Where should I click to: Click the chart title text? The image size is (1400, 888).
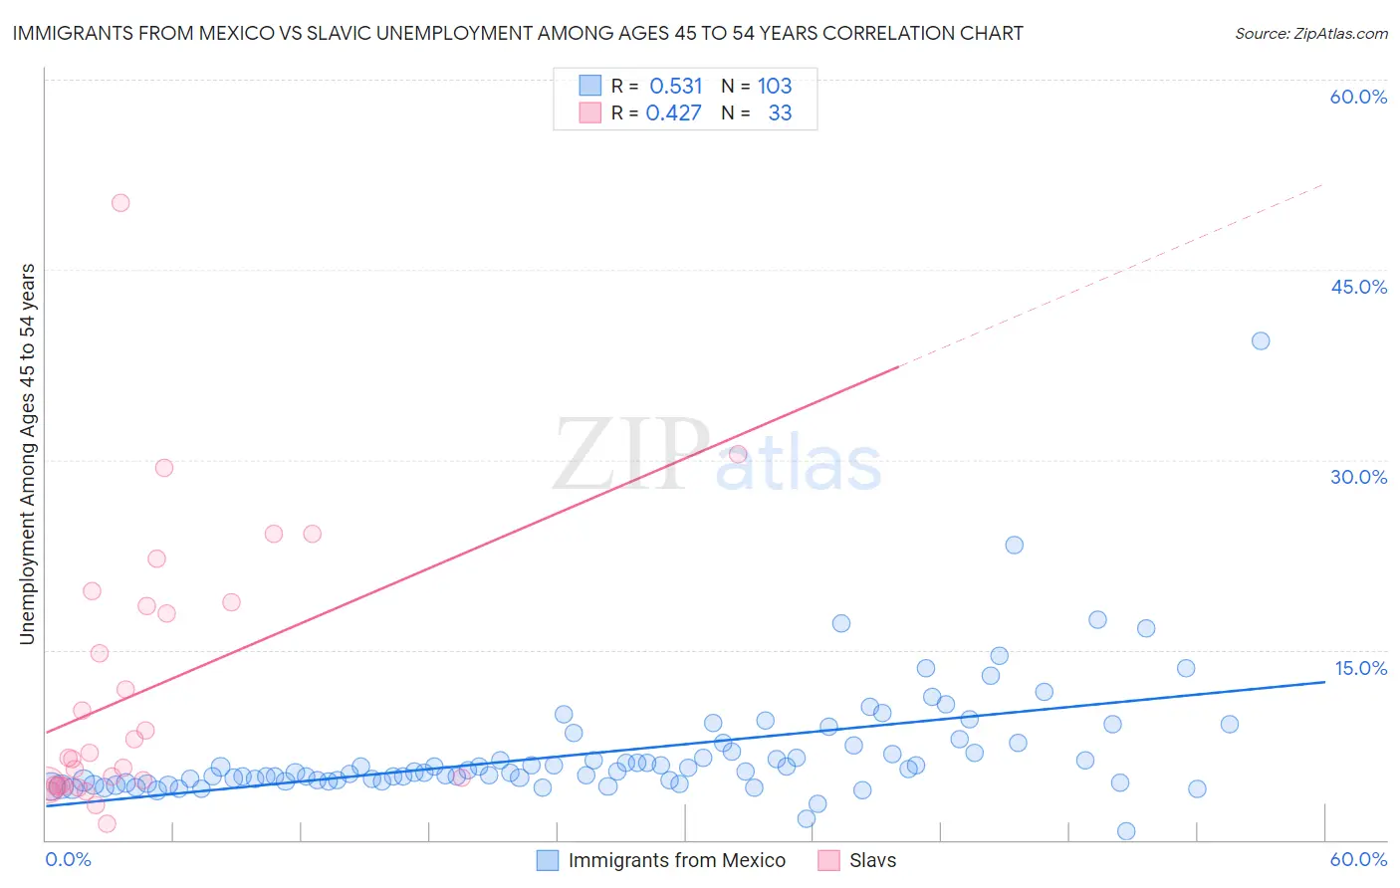click(x=518, y=33)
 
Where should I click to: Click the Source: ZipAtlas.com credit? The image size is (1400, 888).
click(x=1310, y=33)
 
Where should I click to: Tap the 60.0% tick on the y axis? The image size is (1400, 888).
click(x=1358, y=97)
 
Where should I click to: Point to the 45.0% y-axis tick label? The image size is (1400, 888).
click(x=1358, y=287)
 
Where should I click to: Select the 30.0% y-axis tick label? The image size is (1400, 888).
click(x=1358, y=477)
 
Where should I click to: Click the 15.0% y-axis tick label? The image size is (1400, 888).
click(x=1360, y=668)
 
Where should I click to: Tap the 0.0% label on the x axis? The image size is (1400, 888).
click(x=68, y=859)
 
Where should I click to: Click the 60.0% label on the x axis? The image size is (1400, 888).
click(x=1358, y=859)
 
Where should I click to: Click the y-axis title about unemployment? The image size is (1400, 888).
click(x=27, y=454)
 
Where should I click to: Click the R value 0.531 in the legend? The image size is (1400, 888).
click(x=676, y=86)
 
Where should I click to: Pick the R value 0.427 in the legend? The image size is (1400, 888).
click(x=674, y=113)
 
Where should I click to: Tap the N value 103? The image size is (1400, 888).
click(x=775, y=86)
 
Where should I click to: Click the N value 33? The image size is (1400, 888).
click(x=780, y=113)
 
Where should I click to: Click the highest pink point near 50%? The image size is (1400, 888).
click(x=120, y=203)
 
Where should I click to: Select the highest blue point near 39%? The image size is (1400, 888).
click(x=1261, y=341)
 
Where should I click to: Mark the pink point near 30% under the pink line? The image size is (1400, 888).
click(x=738, y=454)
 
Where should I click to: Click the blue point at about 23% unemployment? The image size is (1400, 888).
click(x=1015, y=545)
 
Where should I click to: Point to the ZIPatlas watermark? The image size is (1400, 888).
click(x=717, y=456)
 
